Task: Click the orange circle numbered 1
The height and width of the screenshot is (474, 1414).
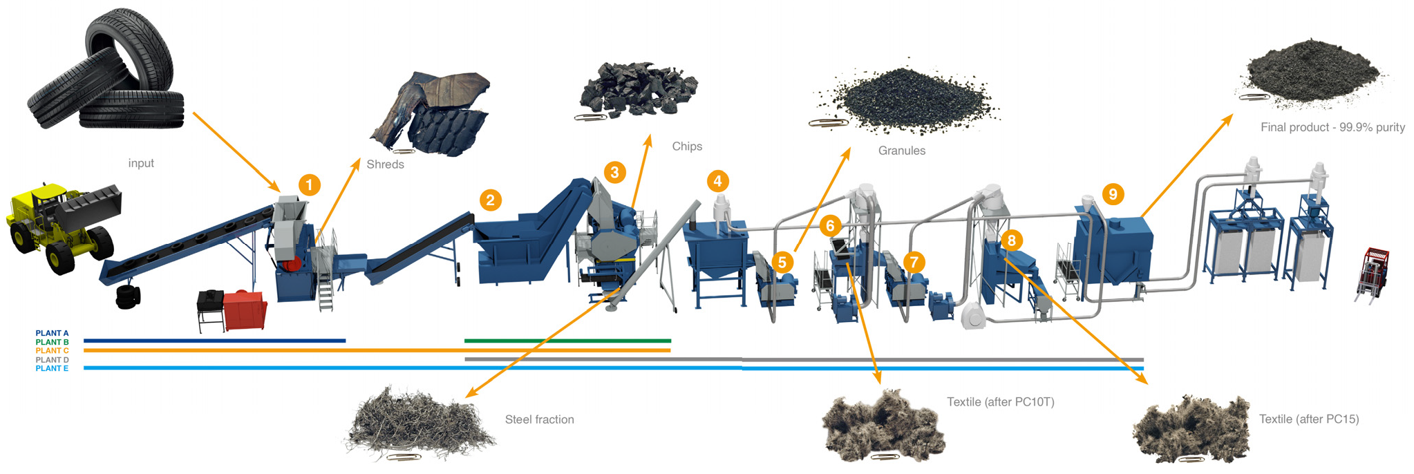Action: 309,185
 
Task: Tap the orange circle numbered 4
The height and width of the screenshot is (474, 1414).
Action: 717,181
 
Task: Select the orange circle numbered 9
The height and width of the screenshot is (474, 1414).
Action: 1112,194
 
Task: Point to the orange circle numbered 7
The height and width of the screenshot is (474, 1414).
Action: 914,262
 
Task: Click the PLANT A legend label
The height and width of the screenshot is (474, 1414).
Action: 52,333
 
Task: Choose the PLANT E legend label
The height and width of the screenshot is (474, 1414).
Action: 52,368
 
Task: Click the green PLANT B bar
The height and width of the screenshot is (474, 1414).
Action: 567,341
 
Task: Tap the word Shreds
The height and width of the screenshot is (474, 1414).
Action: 385,164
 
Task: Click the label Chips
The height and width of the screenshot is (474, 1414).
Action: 686,146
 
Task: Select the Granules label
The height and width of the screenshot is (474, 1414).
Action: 901,151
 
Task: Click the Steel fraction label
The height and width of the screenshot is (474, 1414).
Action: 539,419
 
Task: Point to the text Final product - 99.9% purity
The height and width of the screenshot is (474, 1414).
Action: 1332,127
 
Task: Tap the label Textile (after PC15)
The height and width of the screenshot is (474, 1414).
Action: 1308,419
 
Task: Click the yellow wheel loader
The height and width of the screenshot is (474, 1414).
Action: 62,225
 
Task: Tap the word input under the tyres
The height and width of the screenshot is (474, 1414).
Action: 141,163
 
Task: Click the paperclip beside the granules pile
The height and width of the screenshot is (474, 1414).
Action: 828,123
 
